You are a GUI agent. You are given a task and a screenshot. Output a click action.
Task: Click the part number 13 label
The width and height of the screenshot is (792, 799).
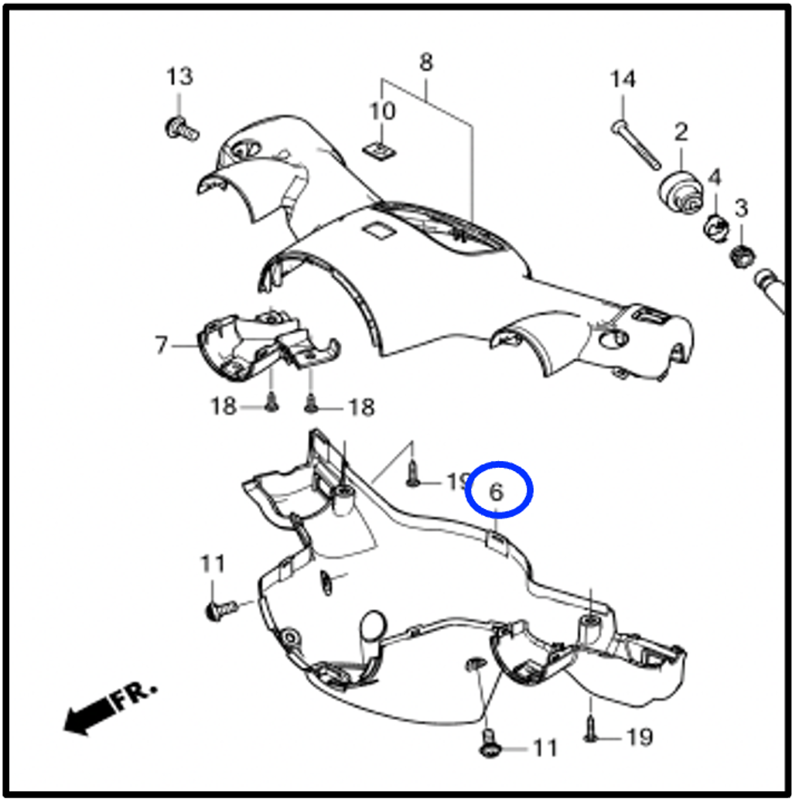pos(180,77)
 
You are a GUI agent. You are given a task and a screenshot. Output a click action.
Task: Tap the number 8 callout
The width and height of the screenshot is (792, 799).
pos(426,62)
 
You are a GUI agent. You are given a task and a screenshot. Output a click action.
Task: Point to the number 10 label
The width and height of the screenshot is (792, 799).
pos(382,111)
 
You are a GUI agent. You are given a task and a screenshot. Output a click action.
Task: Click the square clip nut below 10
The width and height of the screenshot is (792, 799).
pos(380,150)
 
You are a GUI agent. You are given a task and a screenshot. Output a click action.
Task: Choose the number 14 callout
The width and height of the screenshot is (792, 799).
pos(623,80)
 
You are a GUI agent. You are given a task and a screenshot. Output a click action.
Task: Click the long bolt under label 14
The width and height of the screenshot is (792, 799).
pos(636,145)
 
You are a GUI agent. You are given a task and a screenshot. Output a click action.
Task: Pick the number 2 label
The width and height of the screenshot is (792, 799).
pos(681,132)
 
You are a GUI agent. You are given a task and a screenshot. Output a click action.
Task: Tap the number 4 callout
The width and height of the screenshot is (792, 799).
pos(715,177)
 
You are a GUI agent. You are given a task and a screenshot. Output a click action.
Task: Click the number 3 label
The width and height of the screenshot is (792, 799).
pos(741,208)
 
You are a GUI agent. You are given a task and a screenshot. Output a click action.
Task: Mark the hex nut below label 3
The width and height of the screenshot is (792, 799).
pos(742,255)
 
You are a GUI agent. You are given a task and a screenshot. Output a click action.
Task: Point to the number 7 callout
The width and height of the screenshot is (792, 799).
pos(161,345)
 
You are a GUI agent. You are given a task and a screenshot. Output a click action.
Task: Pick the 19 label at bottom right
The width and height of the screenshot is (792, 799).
pos(639,737)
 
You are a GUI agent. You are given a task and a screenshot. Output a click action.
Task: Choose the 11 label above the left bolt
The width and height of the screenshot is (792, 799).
pos(213,564)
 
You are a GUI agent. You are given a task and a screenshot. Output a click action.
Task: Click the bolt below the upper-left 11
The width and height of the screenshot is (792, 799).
pos(220,609)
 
